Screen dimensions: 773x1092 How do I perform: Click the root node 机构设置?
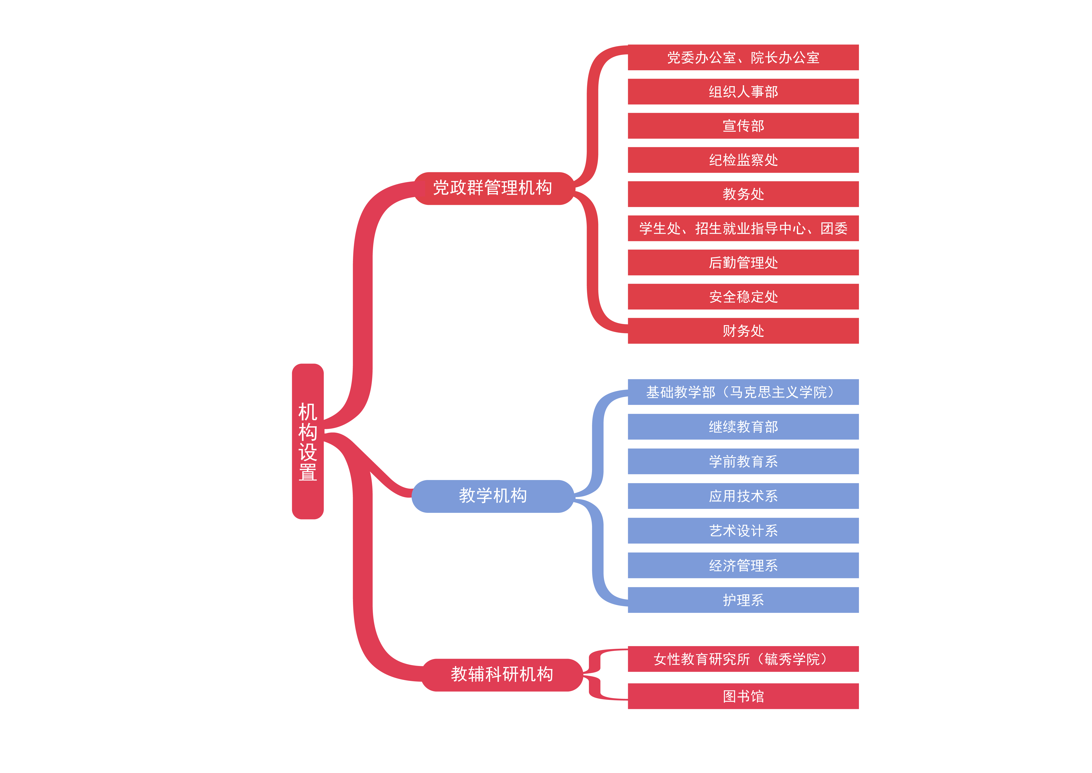pos(308,441)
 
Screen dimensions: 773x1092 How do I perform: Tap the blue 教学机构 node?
pos(493,496)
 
